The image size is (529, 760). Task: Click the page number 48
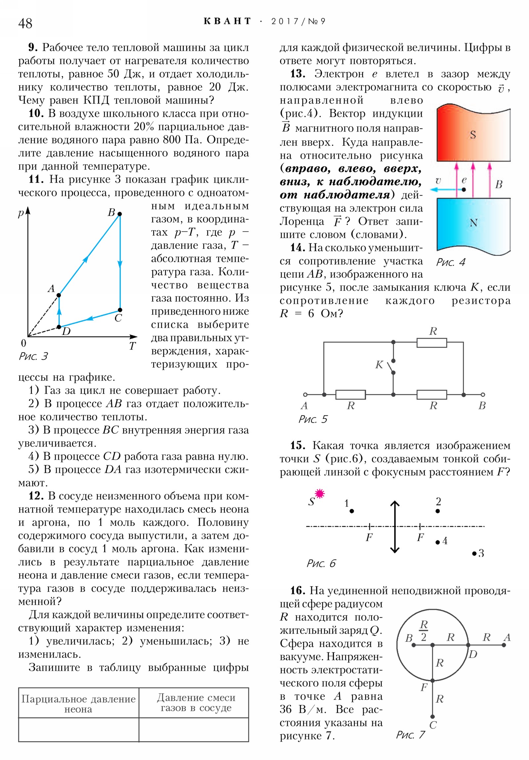point(25,23)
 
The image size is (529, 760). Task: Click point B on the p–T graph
point(120,214)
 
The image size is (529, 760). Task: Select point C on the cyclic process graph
point(120,310)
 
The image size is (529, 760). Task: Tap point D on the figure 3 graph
point(59,327)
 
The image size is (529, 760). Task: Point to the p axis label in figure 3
point(21,213)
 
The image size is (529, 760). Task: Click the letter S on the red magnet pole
point(473,135)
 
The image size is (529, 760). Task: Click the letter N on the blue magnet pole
point(473,223)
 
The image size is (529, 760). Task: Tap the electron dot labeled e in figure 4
point(464,189)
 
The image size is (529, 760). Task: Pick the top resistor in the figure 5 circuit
point(431,343)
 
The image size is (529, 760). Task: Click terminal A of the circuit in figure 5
point(305,395)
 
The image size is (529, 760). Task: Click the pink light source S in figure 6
point(319,494)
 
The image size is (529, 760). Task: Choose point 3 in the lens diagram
point(474,553)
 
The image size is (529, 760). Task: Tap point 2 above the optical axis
point(437,511)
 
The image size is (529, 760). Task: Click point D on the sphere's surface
point(468,645)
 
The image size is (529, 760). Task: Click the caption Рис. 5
point(313,419)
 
